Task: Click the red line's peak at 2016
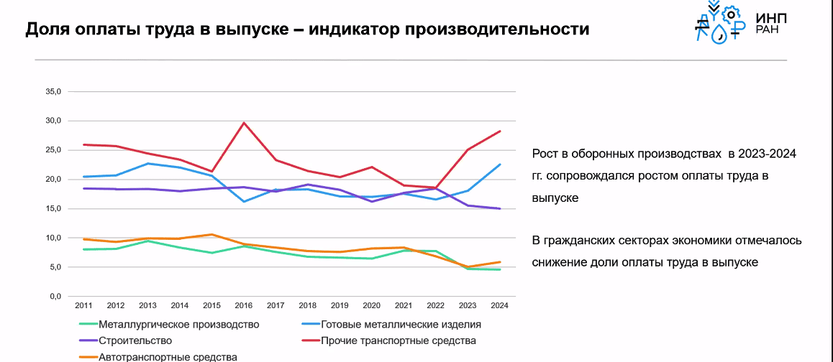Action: click(x=244, y=123)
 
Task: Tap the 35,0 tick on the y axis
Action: click(x=55, y=92)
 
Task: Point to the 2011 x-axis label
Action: click(x=83, y=305)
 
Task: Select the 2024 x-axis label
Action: click(x=500, y=305)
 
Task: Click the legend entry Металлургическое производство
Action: click(x=178, y=325)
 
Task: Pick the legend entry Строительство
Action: click(x=135, y=340)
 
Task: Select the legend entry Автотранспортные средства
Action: click(x=168, y=356)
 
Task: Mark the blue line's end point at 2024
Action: click(x=500, y=164)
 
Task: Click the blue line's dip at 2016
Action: click(x=244, y=201)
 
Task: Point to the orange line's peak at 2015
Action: click(x=211, y=234)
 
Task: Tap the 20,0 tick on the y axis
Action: click(x=55, y=180)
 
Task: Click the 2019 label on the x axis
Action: click(x=340, y=305)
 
